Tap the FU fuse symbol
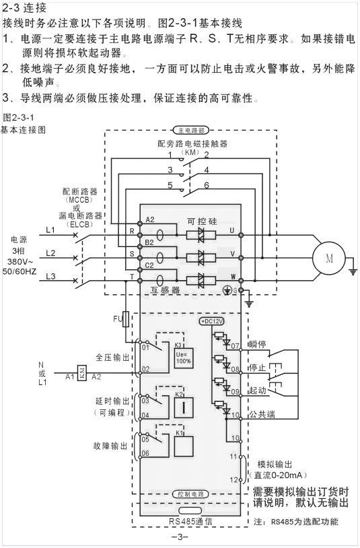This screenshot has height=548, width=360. [x=126, y=318]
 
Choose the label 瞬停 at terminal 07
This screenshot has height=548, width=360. [x=258, y=345]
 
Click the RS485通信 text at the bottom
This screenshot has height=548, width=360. [x=190, y=520]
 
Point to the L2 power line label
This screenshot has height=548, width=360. [x=51, y=253]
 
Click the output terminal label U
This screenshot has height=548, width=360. [x=232, y=230]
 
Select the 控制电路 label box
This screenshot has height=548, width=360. [x=190, y=494]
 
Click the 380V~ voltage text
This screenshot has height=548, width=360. [x=20, y=260]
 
